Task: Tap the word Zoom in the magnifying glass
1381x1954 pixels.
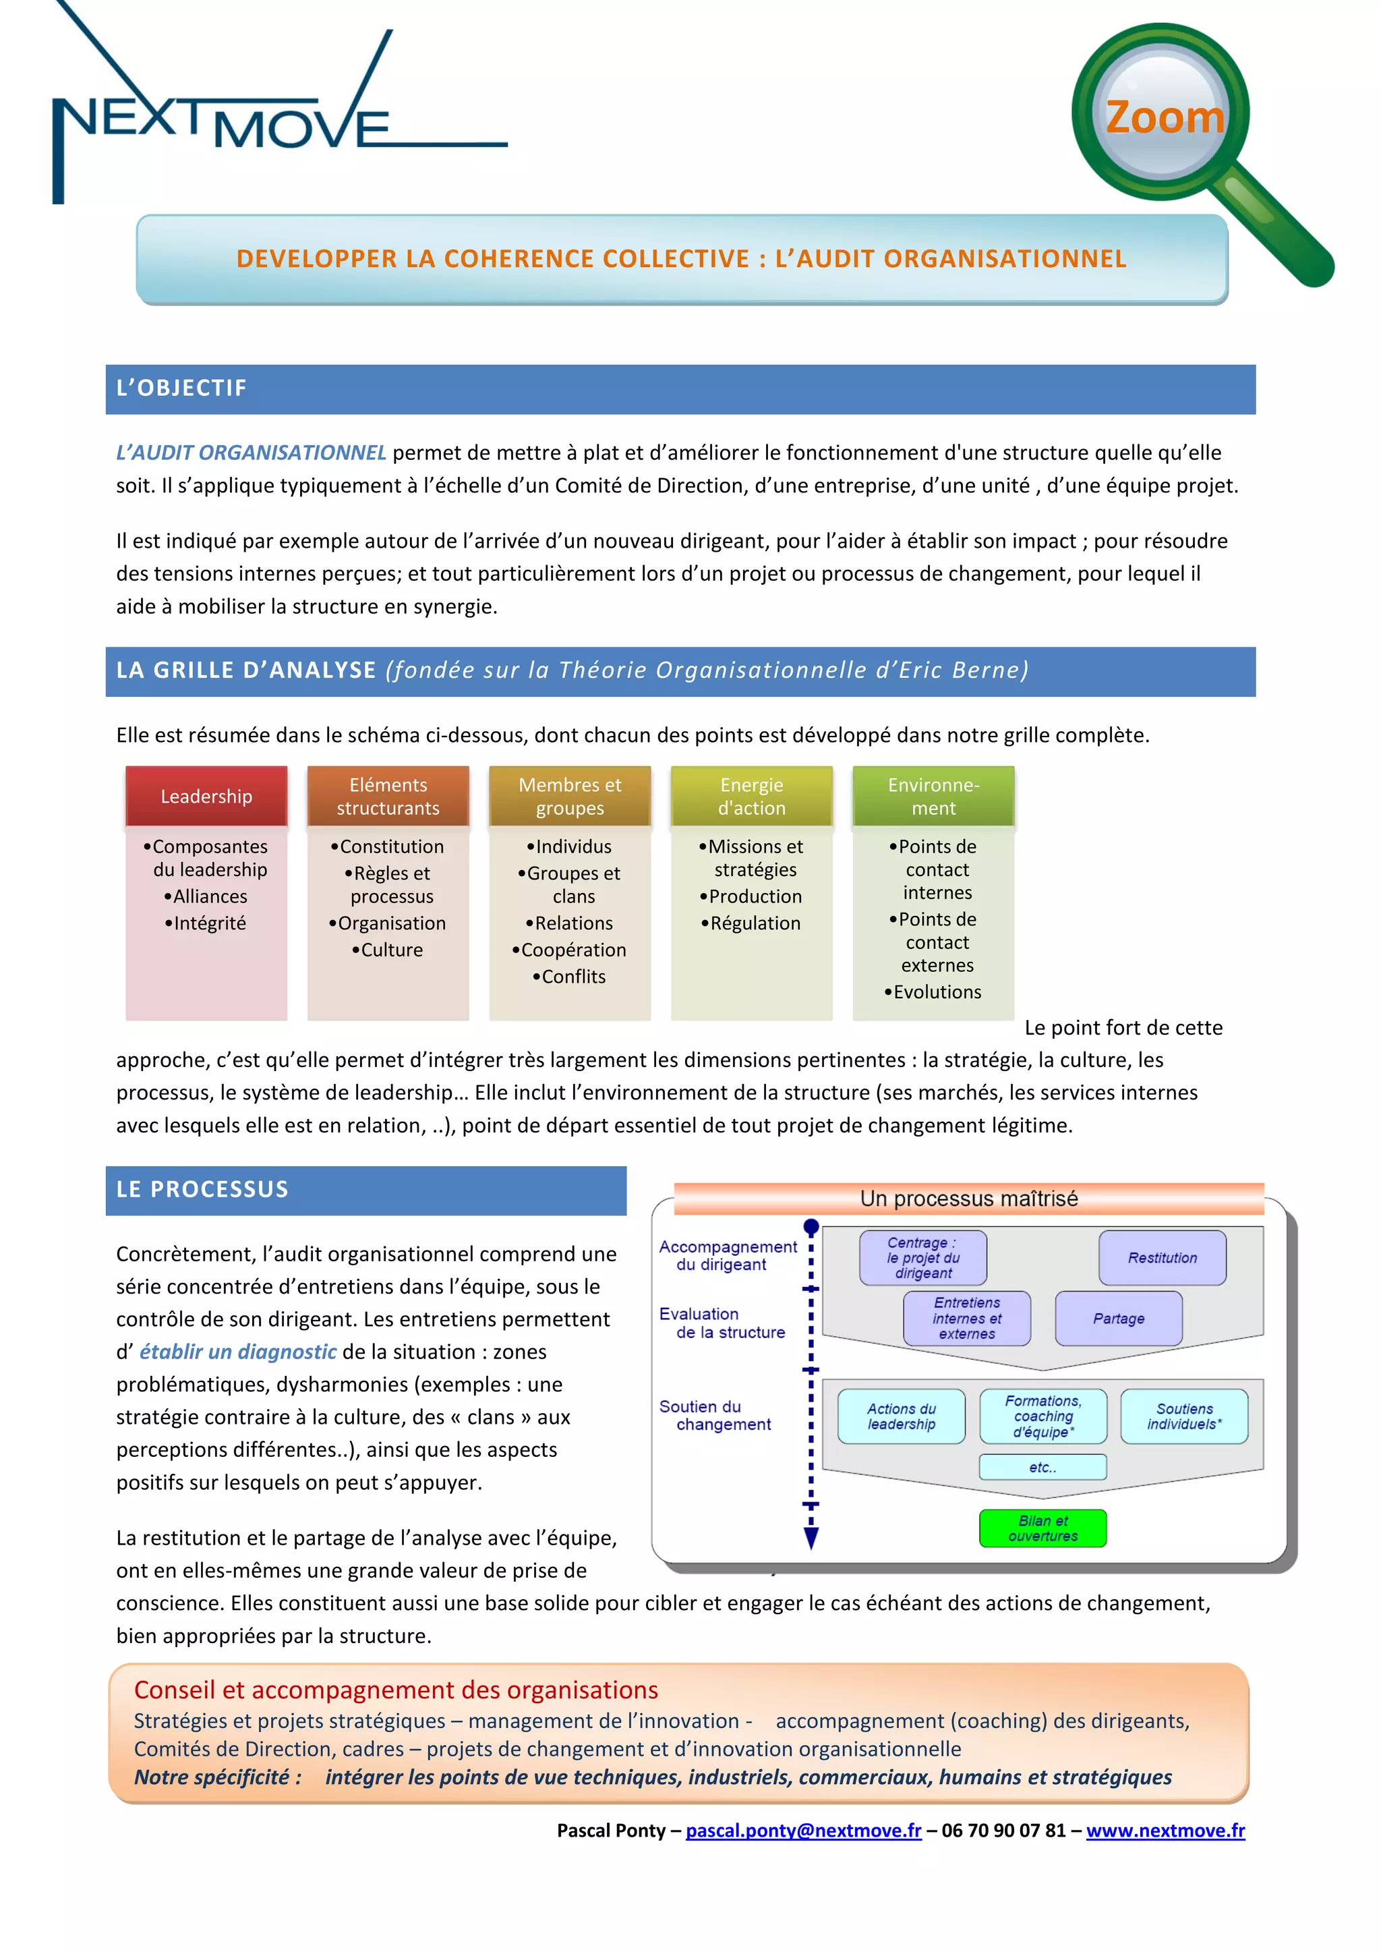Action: click(1164, 117)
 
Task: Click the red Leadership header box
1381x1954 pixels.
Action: click(207, 796)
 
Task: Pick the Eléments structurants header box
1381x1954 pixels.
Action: click(388, 796)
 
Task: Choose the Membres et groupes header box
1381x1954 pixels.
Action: click(570, 796)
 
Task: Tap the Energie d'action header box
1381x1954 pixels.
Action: click(751, 796)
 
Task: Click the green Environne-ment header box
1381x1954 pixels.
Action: click(933, 796)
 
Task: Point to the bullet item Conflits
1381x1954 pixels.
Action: click(569, 976)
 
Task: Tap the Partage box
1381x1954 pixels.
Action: click(1118, 1318)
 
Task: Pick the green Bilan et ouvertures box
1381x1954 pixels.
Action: click(1042, 1528)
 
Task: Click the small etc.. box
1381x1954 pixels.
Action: click(1042, 1467)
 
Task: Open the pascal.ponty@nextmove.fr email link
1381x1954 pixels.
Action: click(803, 1830)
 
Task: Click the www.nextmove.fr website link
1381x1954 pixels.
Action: click(1165, 1830)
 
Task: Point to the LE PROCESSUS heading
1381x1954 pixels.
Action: click(202, 1189)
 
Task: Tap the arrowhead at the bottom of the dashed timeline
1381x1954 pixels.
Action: click(811, 1538)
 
